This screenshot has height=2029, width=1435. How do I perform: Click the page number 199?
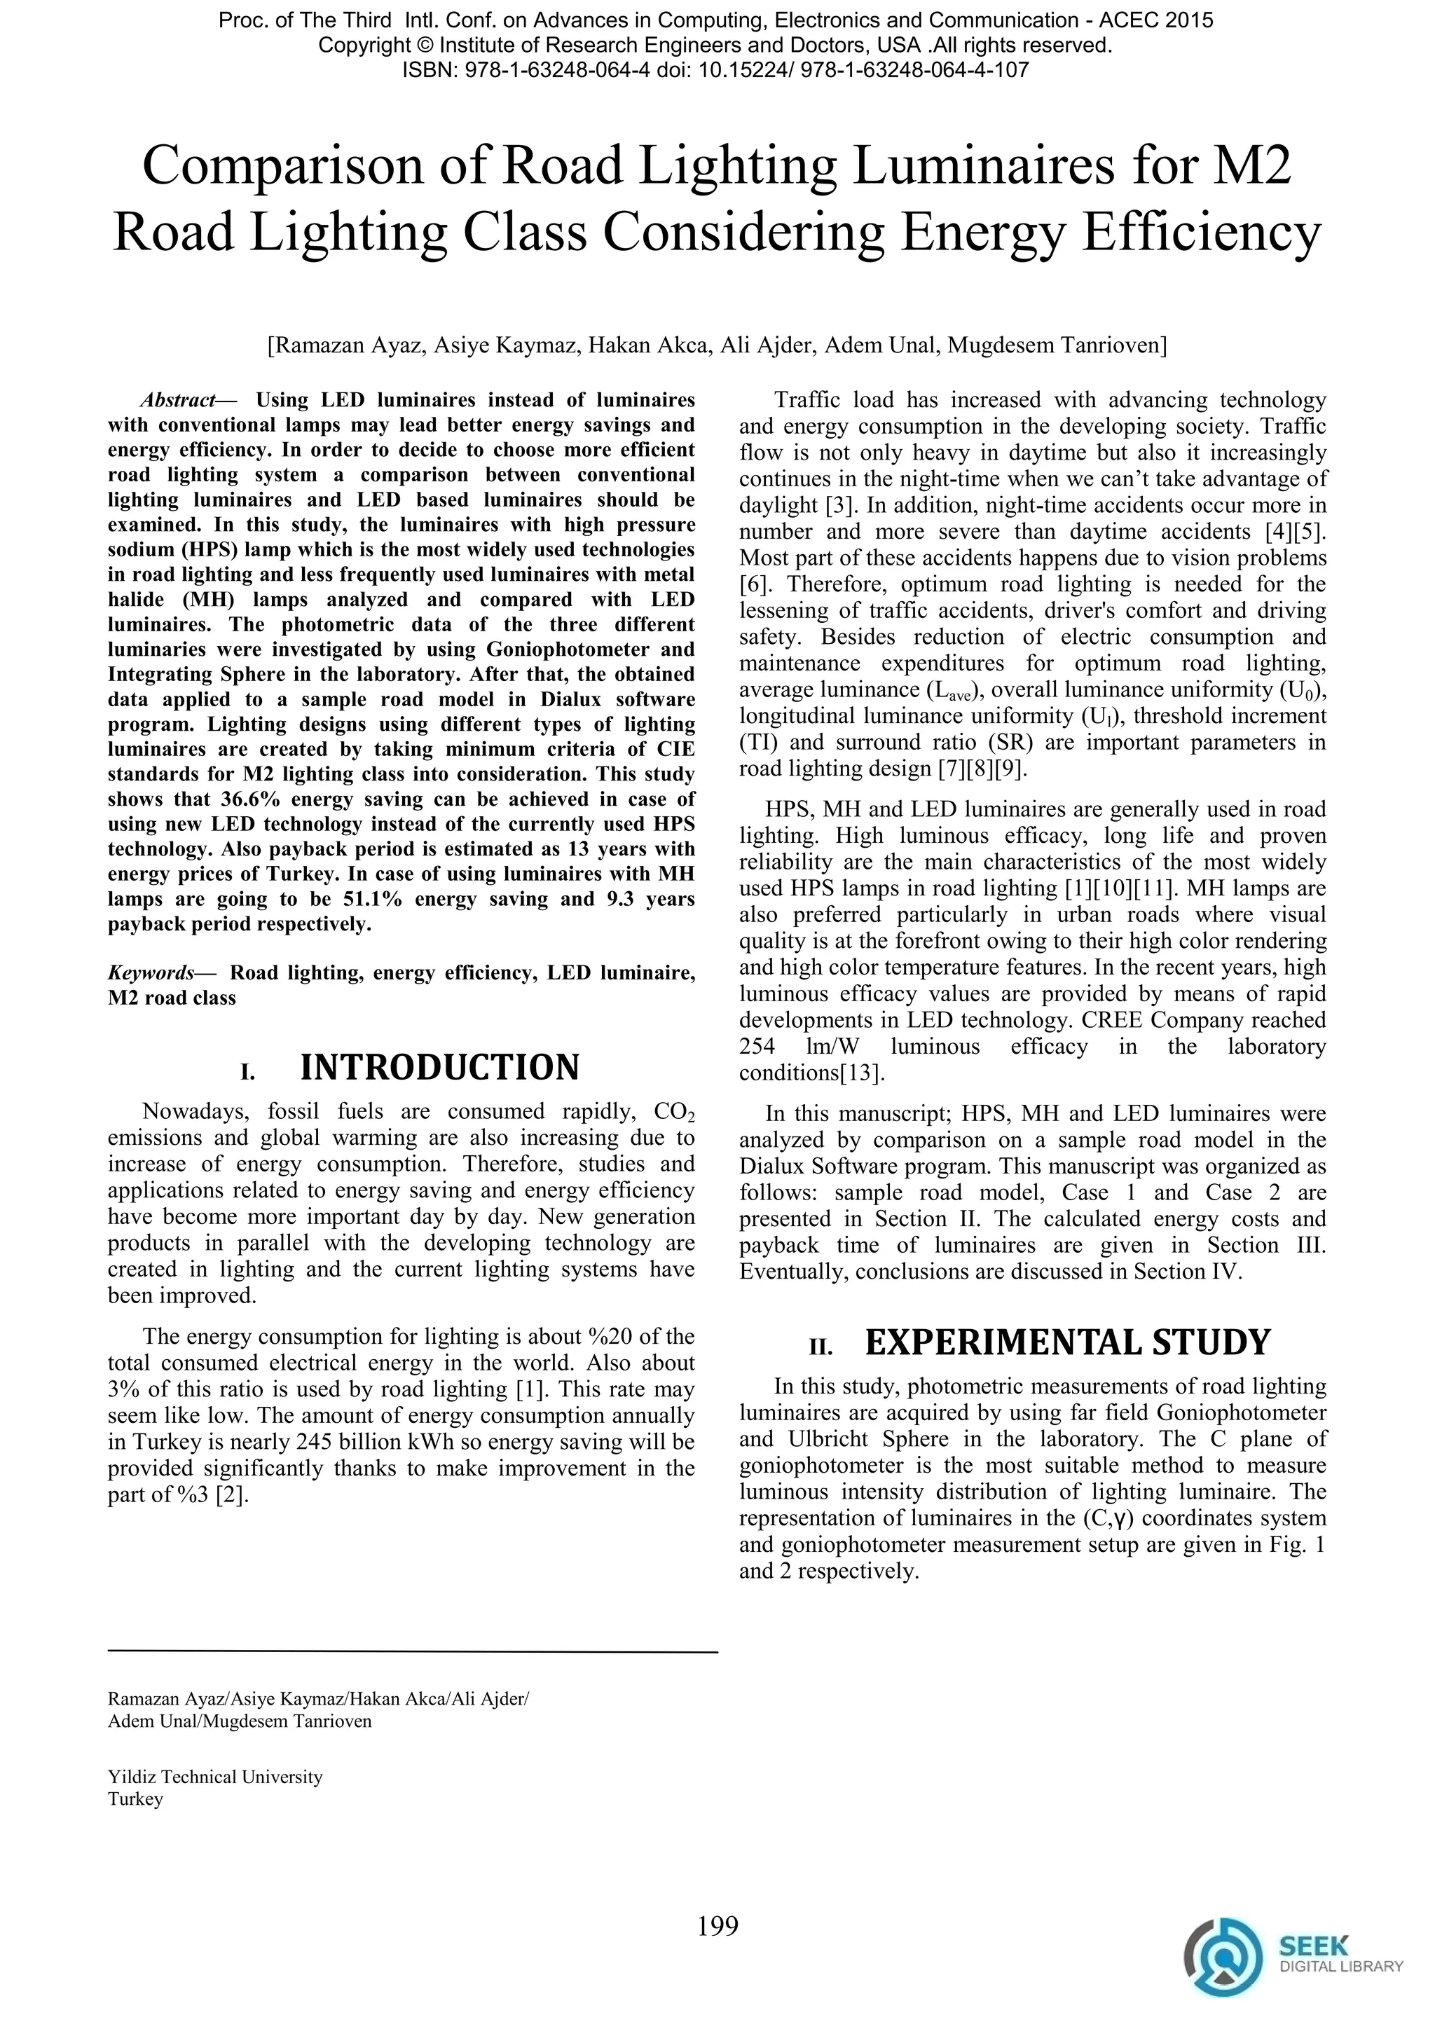(x=717, y=1925)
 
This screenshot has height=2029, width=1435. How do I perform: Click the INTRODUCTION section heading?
(x=439, y=1068)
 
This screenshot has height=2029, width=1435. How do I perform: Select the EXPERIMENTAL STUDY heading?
(x=1066, y=1342)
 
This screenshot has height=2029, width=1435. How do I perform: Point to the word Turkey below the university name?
(x=135, y=1799)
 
